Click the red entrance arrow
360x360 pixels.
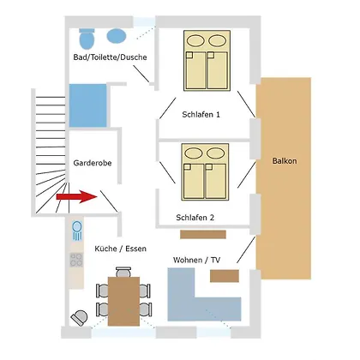pos(77,196)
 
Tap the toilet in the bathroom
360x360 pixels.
pos(87,39)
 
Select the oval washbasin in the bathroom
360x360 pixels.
pos(117,36)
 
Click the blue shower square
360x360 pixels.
pos(88,105)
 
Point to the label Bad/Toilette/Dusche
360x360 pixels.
pos(110,57)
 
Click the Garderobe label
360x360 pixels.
pos(93,163)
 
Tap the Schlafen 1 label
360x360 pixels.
pos(201,115)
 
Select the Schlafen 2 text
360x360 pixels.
pos(195,218)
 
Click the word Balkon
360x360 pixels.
pos(285,161)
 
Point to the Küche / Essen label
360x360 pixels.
pos(120,249)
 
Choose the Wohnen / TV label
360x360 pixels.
pos(196,260)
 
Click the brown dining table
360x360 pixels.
pos(123,301)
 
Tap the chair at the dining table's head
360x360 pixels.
pos(123,272)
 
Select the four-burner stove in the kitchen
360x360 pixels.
pos(76,260)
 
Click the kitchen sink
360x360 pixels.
pos(77,231)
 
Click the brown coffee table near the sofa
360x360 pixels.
pos(225,276)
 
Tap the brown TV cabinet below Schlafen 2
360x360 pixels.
pos(203,234)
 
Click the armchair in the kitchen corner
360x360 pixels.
pos(79,318)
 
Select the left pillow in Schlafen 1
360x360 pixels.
pos(195,40)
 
